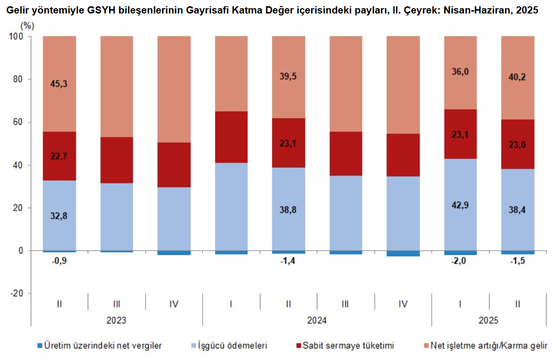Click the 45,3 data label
point(59,84)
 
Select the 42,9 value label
point(460,205)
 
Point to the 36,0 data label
point(460,72)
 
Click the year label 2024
point(316,320)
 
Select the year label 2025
point(489,320)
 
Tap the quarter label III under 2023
point(117,304)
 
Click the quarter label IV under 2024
point(403,304)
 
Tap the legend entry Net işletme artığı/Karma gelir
point(489,346)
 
